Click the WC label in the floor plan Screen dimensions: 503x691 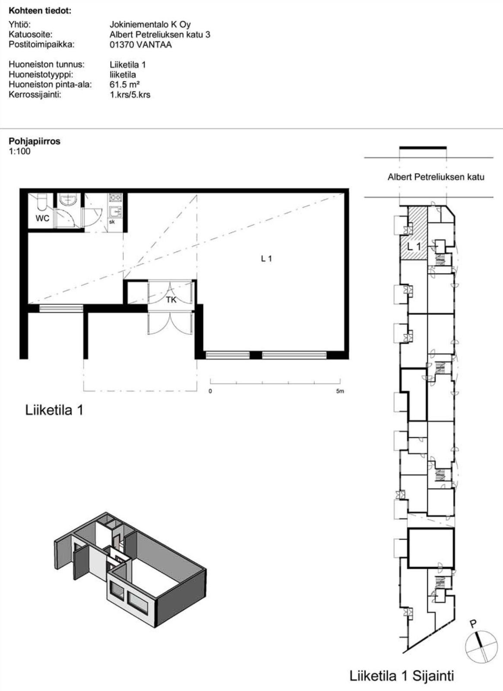click(x=42, y=218)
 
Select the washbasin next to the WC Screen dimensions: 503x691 click(x=67, y=200)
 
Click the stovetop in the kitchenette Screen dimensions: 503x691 click(x=116, y=197)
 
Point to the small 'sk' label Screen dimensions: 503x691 click(x=112, y=222)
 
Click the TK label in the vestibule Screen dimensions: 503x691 click(x=171, y=300)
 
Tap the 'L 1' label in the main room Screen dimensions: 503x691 click(x=266, y=259)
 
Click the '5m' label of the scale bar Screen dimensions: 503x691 click(x=340, y=391)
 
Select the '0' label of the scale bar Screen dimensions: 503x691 click(x=210, y=391)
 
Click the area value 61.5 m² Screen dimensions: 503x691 click(x=125, y=84)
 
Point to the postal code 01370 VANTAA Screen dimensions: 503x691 click(x=141, y=45)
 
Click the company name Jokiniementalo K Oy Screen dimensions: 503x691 click(x=150, y=24)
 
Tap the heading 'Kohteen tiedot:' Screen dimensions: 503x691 click(x=40, y=11)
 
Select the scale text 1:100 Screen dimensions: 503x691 click(x=20, y=151)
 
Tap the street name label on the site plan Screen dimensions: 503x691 click(x=436, y=177)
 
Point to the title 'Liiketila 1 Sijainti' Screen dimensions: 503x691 click(x=402, y=676)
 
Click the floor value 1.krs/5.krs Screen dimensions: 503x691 click(x=130, y=95)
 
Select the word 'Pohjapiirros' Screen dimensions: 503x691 click(x=35, y=142)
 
